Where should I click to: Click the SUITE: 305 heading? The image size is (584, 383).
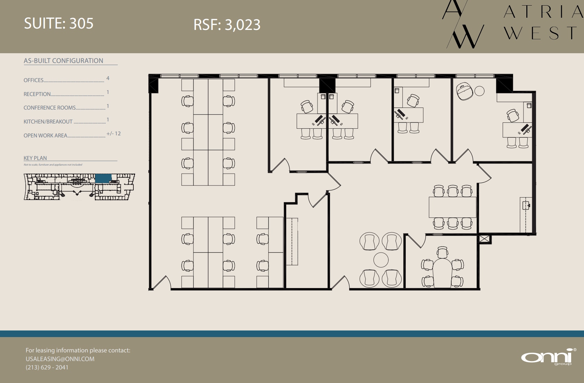(59, 24)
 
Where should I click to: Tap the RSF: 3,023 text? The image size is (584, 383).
(227, 25)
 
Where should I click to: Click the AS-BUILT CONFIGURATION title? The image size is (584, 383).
(63, 61)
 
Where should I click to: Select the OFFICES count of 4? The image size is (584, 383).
(108, 78)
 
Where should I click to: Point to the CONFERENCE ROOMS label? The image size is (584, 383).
(50, 108)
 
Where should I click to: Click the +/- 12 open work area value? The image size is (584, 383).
(114, 134)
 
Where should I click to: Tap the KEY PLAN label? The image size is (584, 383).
(35, 158)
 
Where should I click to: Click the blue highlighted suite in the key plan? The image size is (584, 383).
(103, 178)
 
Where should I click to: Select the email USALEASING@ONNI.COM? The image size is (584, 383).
(60, 359)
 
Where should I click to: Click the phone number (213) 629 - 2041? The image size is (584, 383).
(47, 367)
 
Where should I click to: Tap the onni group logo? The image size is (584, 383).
(548, 357)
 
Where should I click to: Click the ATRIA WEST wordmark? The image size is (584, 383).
(542, 23)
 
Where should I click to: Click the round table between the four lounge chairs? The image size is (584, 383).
(381, 260)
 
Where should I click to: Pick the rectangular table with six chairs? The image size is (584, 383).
(452, 207)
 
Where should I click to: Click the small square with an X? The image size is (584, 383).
(484, 239)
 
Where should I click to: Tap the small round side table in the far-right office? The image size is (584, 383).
(479, 91)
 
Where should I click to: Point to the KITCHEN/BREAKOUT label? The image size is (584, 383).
(48, 122)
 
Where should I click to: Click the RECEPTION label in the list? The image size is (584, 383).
(37, 94)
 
